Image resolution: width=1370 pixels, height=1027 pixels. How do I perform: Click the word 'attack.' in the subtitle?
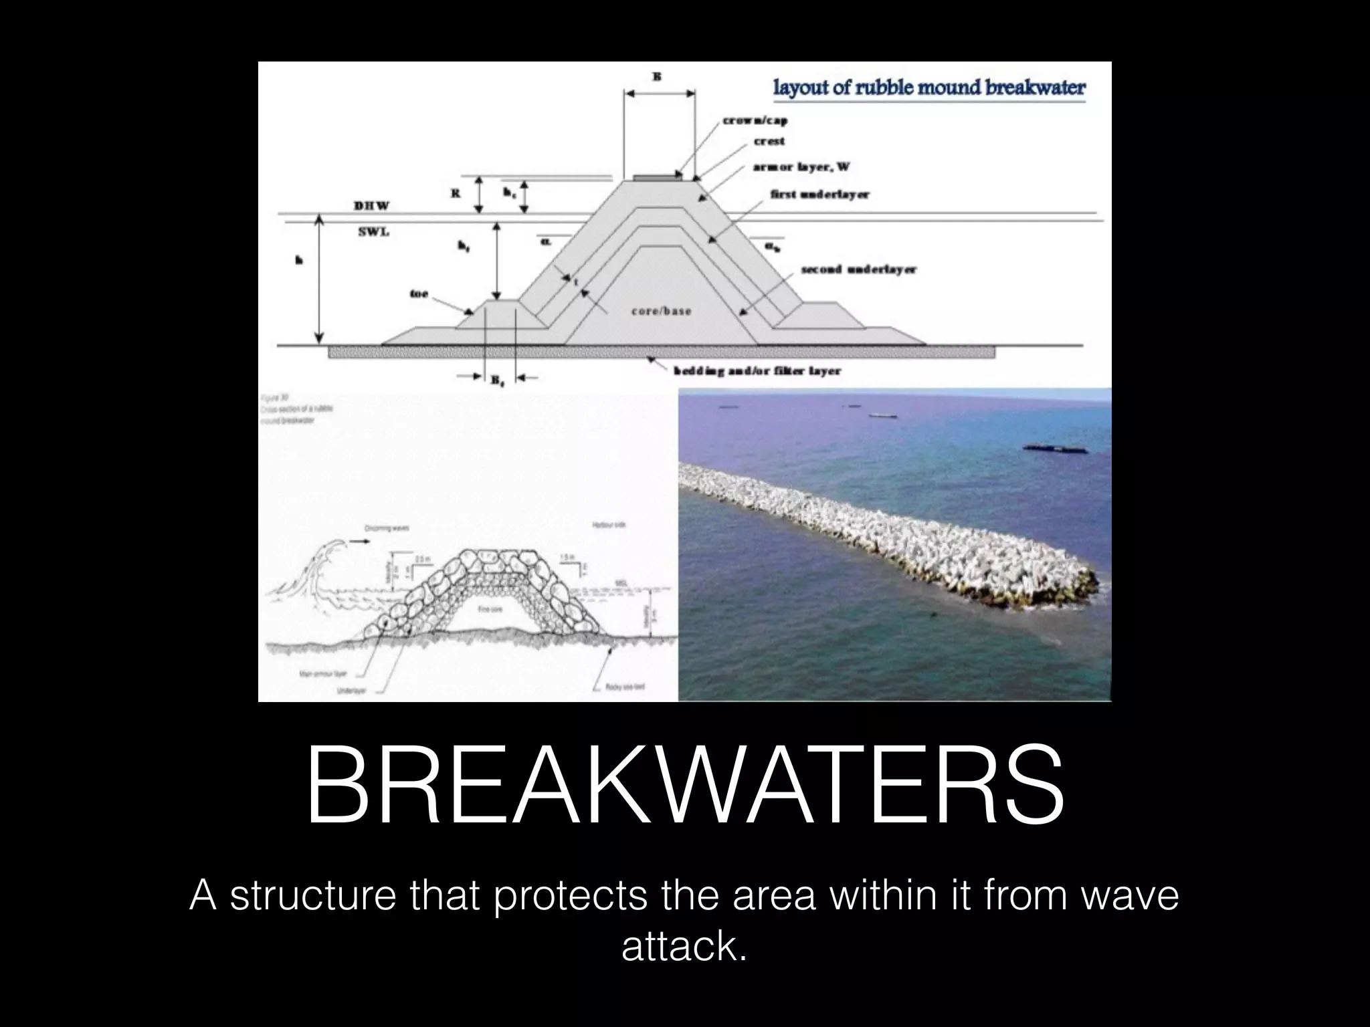click(684, 946)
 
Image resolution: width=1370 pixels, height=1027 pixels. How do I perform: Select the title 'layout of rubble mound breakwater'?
click(928, 88)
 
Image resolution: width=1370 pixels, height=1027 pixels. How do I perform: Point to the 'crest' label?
click(769, 141)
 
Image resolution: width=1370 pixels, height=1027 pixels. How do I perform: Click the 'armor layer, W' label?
click(801, 166)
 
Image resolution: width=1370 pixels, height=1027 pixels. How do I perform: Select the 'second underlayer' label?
click(858, 270)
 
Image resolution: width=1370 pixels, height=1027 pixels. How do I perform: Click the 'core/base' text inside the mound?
click(661, 311)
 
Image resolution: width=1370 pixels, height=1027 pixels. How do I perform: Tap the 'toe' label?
click(419, 294)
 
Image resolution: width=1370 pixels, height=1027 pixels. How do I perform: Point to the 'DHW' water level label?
click(371, 205)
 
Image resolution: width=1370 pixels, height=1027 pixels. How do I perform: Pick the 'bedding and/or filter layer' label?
click(757, 370)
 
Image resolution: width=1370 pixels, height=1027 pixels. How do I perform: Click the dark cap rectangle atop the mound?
click(658, 178)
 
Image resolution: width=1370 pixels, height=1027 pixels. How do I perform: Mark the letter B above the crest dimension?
click(657, 77)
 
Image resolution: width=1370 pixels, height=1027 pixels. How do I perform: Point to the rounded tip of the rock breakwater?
click(1077, 588)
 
